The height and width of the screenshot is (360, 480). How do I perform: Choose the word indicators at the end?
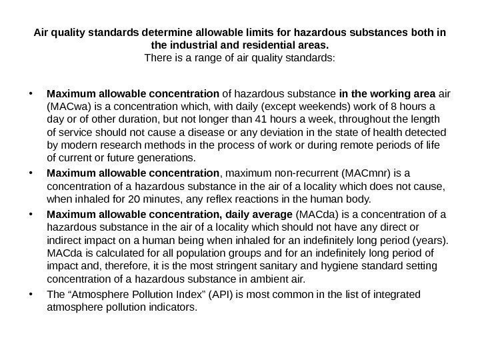tap(175, 309)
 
